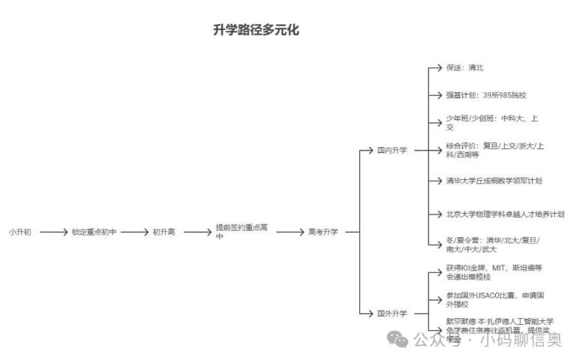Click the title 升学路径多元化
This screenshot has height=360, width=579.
point(256,31)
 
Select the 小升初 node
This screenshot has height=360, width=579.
point(20,232)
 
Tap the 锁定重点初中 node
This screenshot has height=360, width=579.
point(94,232)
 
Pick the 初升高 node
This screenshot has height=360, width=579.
point(163,232)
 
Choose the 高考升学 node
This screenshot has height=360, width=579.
point(322,232)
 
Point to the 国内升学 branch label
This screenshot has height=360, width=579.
point(391,150)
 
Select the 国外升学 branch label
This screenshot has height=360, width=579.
point(391,313)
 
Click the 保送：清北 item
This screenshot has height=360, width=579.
point(464,67)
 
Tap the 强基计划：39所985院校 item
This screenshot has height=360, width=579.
point(485,95)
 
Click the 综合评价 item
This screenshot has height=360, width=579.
point(495,150)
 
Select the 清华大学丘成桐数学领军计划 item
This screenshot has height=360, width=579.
point(493,181)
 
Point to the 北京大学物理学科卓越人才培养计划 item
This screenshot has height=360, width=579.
point(504,214)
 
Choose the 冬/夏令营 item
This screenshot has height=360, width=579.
point(492,244)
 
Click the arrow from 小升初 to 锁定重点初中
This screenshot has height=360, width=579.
point(54,232)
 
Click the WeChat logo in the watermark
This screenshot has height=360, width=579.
point(401,341)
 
